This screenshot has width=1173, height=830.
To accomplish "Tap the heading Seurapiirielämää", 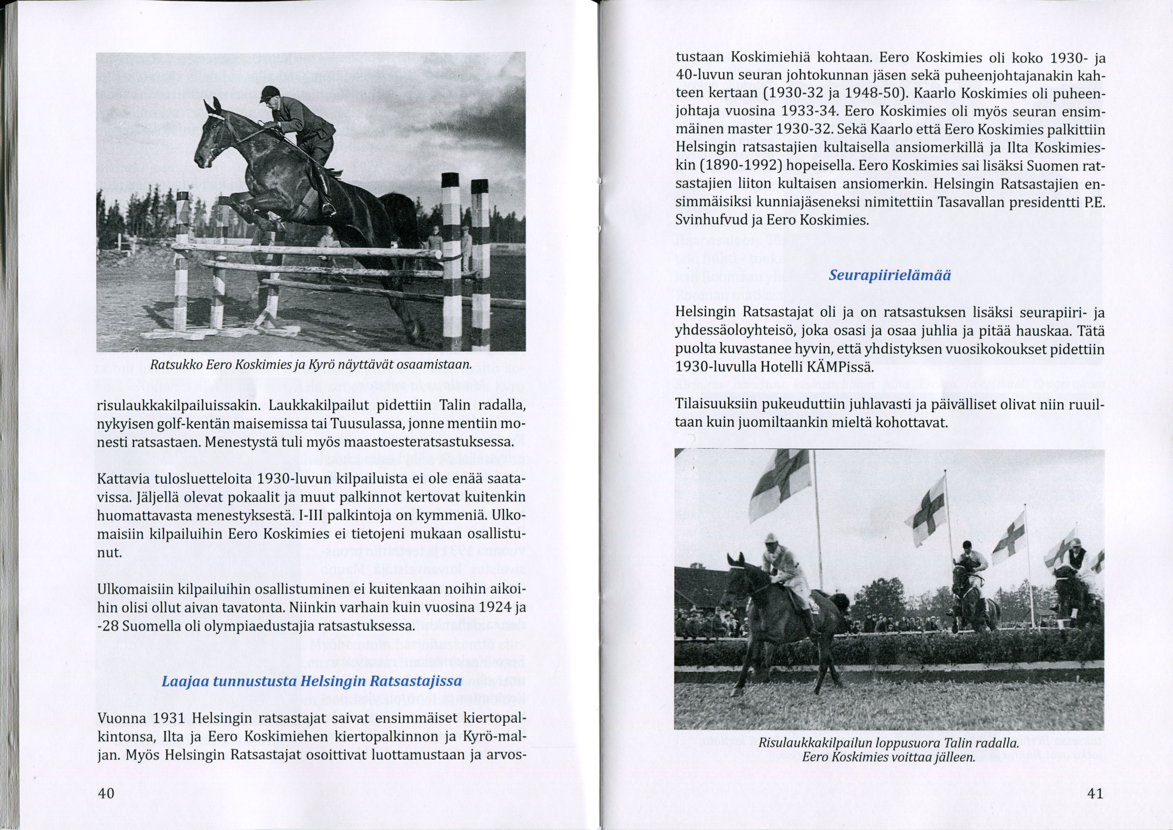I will tap(889, 276).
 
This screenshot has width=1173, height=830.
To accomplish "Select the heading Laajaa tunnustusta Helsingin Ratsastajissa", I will tap(312, 681).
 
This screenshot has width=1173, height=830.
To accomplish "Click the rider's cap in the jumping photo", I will tap(268, 93).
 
